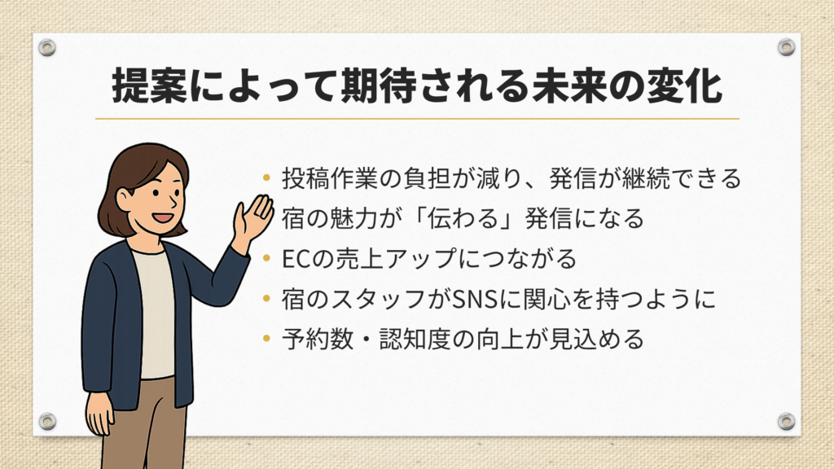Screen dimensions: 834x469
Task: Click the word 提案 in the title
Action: coord(150,86)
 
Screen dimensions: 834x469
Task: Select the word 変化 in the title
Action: coord(684,86)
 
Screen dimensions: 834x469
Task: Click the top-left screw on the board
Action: coord(47,48)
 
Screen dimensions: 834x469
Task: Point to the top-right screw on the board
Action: coord(786,47)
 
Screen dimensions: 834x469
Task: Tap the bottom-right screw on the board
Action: coord(786,421)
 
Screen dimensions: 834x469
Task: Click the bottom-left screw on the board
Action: coord(47,421)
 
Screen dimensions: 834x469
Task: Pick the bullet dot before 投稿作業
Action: coord(267,178)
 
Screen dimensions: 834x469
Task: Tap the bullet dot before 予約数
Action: coord(267,339)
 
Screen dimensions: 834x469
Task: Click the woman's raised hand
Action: coord(253,218)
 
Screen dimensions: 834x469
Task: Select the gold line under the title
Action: coord(418,119)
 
